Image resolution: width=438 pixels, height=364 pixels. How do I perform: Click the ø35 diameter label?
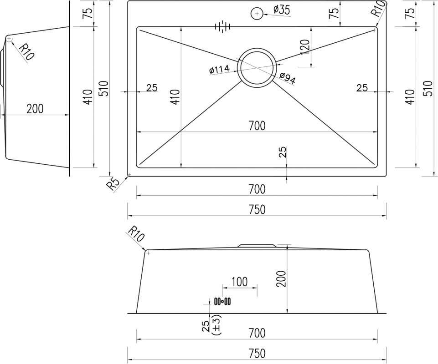[282, 10]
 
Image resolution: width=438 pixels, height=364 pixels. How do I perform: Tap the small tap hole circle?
[257, 13]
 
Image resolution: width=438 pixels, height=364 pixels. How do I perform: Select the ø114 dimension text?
[219, 70]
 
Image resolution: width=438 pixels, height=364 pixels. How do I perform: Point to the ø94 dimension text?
[287, 78]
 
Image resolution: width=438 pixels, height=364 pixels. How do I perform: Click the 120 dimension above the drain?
[305, 47]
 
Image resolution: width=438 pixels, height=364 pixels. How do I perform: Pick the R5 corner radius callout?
[113, 184]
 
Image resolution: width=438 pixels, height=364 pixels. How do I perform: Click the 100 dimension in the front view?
[239, 282]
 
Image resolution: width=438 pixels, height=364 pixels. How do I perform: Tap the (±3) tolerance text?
[216, 325]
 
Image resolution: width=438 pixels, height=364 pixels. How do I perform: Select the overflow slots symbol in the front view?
[222, 301]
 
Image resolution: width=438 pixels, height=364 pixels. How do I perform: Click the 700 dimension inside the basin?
[257, 126]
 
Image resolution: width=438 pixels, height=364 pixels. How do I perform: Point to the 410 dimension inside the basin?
[176, 97]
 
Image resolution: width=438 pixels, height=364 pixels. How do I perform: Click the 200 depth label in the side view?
[35, 108]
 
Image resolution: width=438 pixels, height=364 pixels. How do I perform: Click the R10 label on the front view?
[137, 234]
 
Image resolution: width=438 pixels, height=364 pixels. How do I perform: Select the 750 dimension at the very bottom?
[257, 354]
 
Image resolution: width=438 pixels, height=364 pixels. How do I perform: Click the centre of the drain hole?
[257, 67]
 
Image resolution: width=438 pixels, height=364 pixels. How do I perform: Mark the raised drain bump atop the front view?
[257, 245]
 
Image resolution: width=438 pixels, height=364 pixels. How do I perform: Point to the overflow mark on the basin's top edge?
[222, 26]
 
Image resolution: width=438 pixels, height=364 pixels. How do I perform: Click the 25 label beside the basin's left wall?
[152, 88]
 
